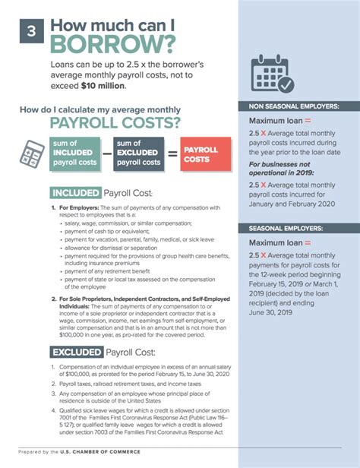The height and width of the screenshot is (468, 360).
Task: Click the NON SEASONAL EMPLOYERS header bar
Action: click(x=299, y=106)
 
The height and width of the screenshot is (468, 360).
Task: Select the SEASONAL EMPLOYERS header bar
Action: click(x=299, y=228)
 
